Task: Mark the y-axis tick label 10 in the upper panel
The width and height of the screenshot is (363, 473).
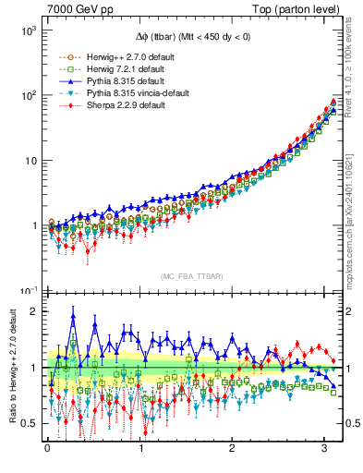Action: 30,161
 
